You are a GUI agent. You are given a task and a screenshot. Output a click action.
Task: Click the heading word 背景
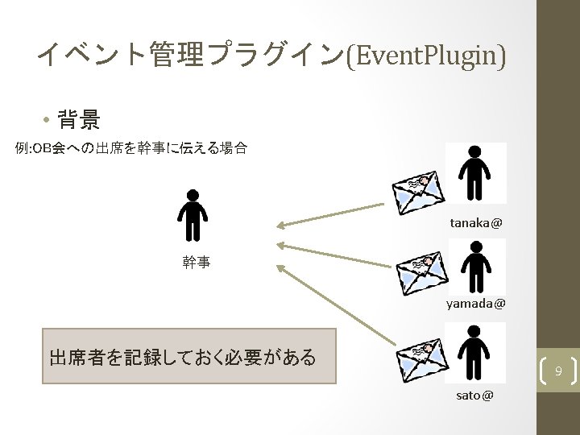pos(80,122)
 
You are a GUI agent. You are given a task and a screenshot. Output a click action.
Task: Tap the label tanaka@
pos(475,221)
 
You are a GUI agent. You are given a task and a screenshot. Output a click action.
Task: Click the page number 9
pos(557,371)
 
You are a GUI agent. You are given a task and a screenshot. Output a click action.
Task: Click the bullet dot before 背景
pos(48,122)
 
